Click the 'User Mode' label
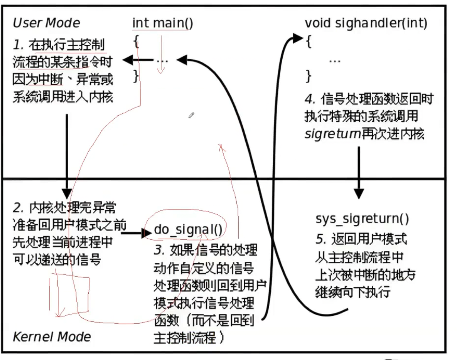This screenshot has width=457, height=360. (46, 23)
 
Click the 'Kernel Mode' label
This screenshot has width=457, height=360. (52, 336)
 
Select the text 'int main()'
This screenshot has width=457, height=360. (162, 23)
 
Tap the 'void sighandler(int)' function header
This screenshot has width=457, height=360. (366, 23)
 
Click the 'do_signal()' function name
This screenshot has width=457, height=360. (188, 230)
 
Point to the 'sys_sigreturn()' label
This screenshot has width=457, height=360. (362, 219)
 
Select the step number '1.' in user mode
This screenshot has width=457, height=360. (19, 45)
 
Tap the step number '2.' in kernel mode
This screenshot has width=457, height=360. (19, 208)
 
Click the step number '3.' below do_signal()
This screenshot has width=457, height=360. (159, 250)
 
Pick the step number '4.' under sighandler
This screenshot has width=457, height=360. (310, 99)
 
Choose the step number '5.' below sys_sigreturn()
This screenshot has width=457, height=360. (321, 239)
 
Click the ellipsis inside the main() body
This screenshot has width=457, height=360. (162, 60)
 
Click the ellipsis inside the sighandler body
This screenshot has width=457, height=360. (335, 60)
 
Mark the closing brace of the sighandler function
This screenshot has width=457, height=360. (308, 76)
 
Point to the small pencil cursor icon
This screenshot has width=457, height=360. (191, 115)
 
